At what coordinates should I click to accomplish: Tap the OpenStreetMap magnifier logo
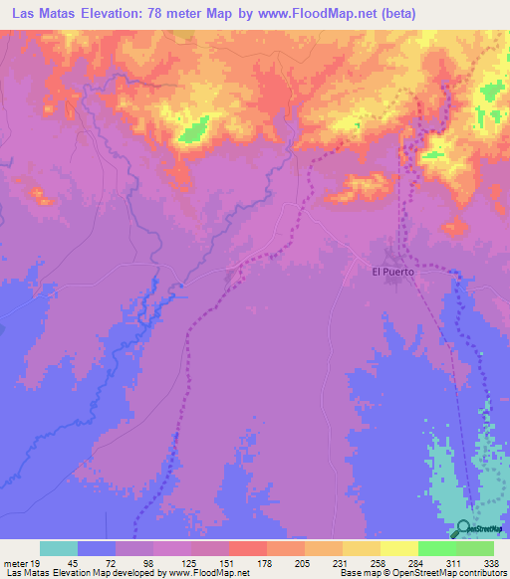(x=464, y=528)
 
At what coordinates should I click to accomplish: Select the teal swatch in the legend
(x=59, y=548)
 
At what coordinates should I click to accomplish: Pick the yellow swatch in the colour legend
(x=399, y=548)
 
